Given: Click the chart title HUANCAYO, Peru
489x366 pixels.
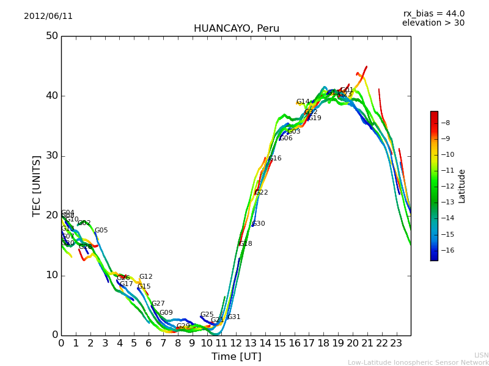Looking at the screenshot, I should (x=236, y=29).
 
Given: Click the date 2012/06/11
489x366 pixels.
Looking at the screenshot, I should (x=48, y=16).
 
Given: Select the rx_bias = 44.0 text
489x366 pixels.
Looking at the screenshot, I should (x=433, y=14).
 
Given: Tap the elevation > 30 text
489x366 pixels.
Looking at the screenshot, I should (x=433, y=23).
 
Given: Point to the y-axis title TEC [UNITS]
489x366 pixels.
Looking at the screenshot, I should (x=37, y=185).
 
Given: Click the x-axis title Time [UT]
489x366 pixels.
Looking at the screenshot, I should (x=236, y=357).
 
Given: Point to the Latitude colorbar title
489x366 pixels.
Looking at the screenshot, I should (x=462, y=186).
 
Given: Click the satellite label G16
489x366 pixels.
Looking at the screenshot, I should (x=275, y=159).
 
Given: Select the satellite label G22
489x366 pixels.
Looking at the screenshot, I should (x=262, y=193).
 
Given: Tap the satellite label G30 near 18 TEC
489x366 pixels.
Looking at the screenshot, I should (x=259, y=224).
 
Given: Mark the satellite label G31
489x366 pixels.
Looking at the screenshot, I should (x=234, y=317).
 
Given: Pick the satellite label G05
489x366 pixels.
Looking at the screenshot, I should (x=101, y=231).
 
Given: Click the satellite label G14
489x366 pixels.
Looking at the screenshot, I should (x=303, y=102).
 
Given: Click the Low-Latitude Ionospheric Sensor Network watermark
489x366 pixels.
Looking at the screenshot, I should (x=418, y=362).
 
